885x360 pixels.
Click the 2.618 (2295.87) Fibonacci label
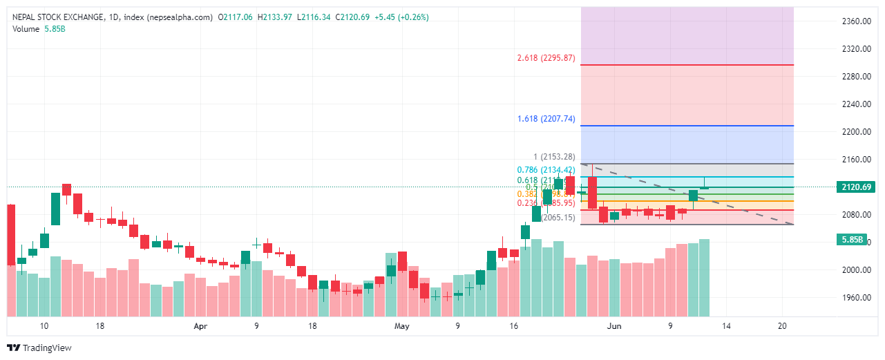(x=546, y=58)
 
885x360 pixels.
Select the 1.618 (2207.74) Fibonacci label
(x=546, y=119)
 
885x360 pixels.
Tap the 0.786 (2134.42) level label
(x=546, y=170)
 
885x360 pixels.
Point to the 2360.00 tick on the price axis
(x=856, y=21)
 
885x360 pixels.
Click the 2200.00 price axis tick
(x=856, y=131)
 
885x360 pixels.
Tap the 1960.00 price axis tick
(x=856, y=297)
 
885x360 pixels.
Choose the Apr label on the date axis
(x=200, y=325)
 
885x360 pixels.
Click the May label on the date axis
(x=401, y=325)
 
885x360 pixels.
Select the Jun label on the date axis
(x=613, y=325)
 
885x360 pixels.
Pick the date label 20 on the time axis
(x=783, y=325)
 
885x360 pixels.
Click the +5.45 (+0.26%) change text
(x=400, y=17)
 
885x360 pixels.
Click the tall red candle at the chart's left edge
(x=10, y=234)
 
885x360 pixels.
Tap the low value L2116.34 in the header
(x=314, y=17)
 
